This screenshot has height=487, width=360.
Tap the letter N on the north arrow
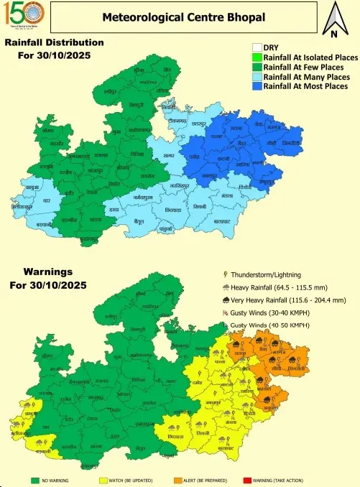point(333,34)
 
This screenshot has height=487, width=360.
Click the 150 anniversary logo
point(24,18)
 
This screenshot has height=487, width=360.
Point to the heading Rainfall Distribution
point(55,43)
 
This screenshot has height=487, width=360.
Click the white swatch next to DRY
point(257,48)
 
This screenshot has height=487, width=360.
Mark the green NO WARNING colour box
point(34,478)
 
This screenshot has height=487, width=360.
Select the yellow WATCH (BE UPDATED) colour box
point(103,478)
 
